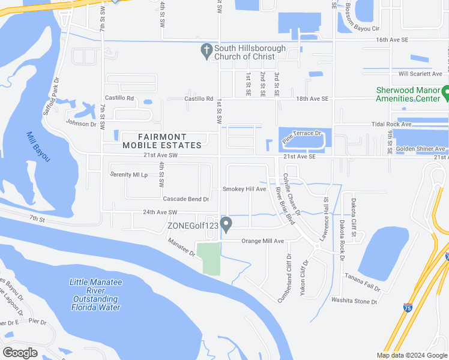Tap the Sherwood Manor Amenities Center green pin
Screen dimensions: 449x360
tap(446, 93)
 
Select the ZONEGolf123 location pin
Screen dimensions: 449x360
tap(226, 225)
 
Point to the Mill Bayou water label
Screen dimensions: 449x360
tap(38, 147)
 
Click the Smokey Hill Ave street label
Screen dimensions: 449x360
tap(244, 189)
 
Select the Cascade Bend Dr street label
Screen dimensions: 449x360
tap(185, 199)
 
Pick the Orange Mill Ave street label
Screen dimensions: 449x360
tap(262, 241)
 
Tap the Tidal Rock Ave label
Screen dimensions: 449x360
tap(391, 124)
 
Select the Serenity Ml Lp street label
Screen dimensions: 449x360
tap(129, 174)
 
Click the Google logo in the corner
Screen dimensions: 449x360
tap(20, 352)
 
